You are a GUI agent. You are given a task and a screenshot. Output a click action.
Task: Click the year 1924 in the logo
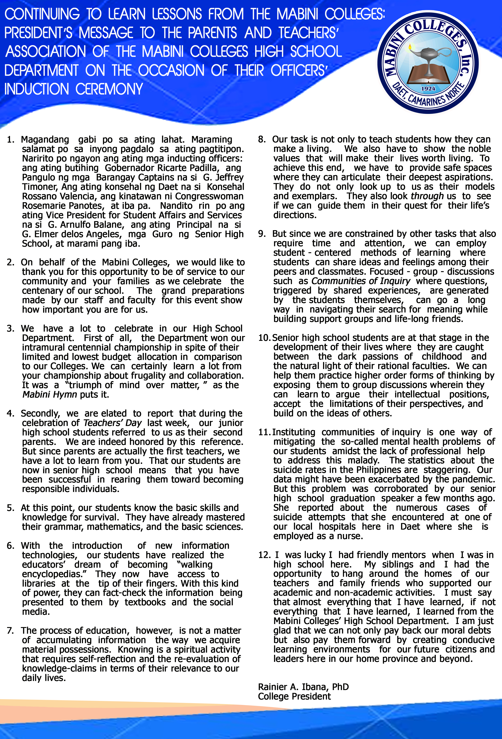point(428,89)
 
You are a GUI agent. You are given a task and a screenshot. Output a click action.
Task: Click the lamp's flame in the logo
point(410,48)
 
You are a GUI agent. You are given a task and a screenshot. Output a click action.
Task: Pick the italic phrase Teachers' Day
point(112,423)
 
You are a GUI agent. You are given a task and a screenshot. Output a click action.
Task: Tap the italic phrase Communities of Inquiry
point(361,281)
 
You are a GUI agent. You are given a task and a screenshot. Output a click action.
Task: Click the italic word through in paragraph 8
point(427,196)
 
